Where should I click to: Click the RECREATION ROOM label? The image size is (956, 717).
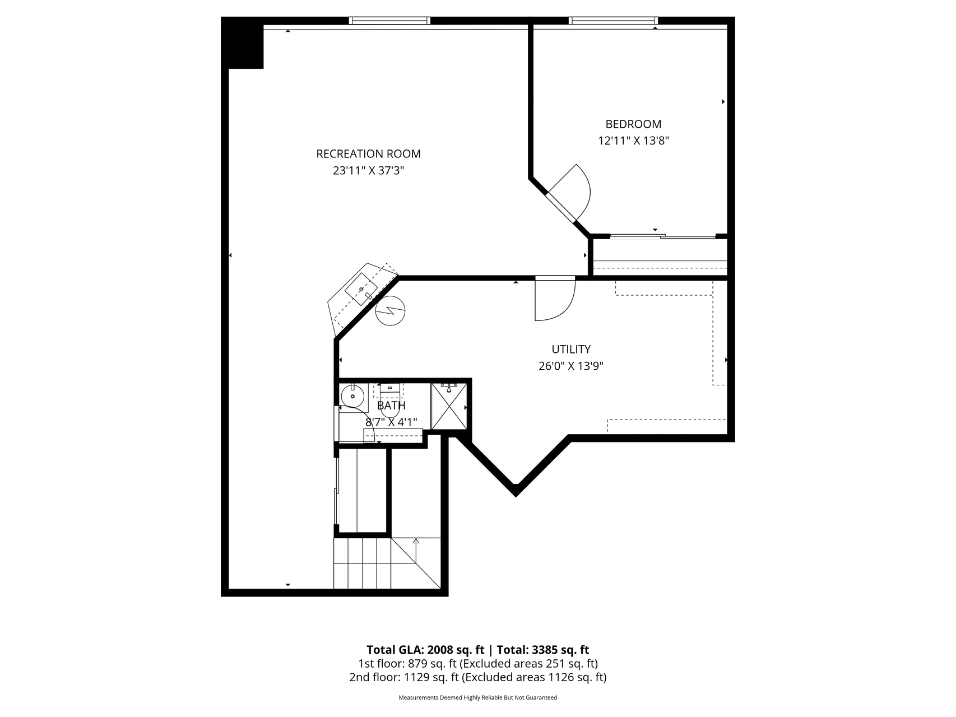368,153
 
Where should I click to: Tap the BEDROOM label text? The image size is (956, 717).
633,124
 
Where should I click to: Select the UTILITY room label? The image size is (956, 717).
571,349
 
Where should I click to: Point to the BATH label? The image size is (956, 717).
391,405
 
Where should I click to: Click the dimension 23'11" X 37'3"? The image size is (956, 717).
368,170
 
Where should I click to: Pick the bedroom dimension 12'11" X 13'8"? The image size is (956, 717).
633,141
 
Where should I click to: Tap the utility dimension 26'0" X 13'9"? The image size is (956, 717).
571,366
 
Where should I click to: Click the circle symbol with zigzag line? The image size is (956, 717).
391,311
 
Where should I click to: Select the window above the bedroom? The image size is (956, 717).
613,21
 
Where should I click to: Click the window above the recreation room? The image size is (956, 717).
389,21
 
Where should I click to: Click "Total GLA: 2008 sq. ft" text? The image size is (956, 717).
425,650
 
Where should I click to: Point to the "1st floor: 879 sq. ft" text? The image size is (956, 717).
407,664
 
